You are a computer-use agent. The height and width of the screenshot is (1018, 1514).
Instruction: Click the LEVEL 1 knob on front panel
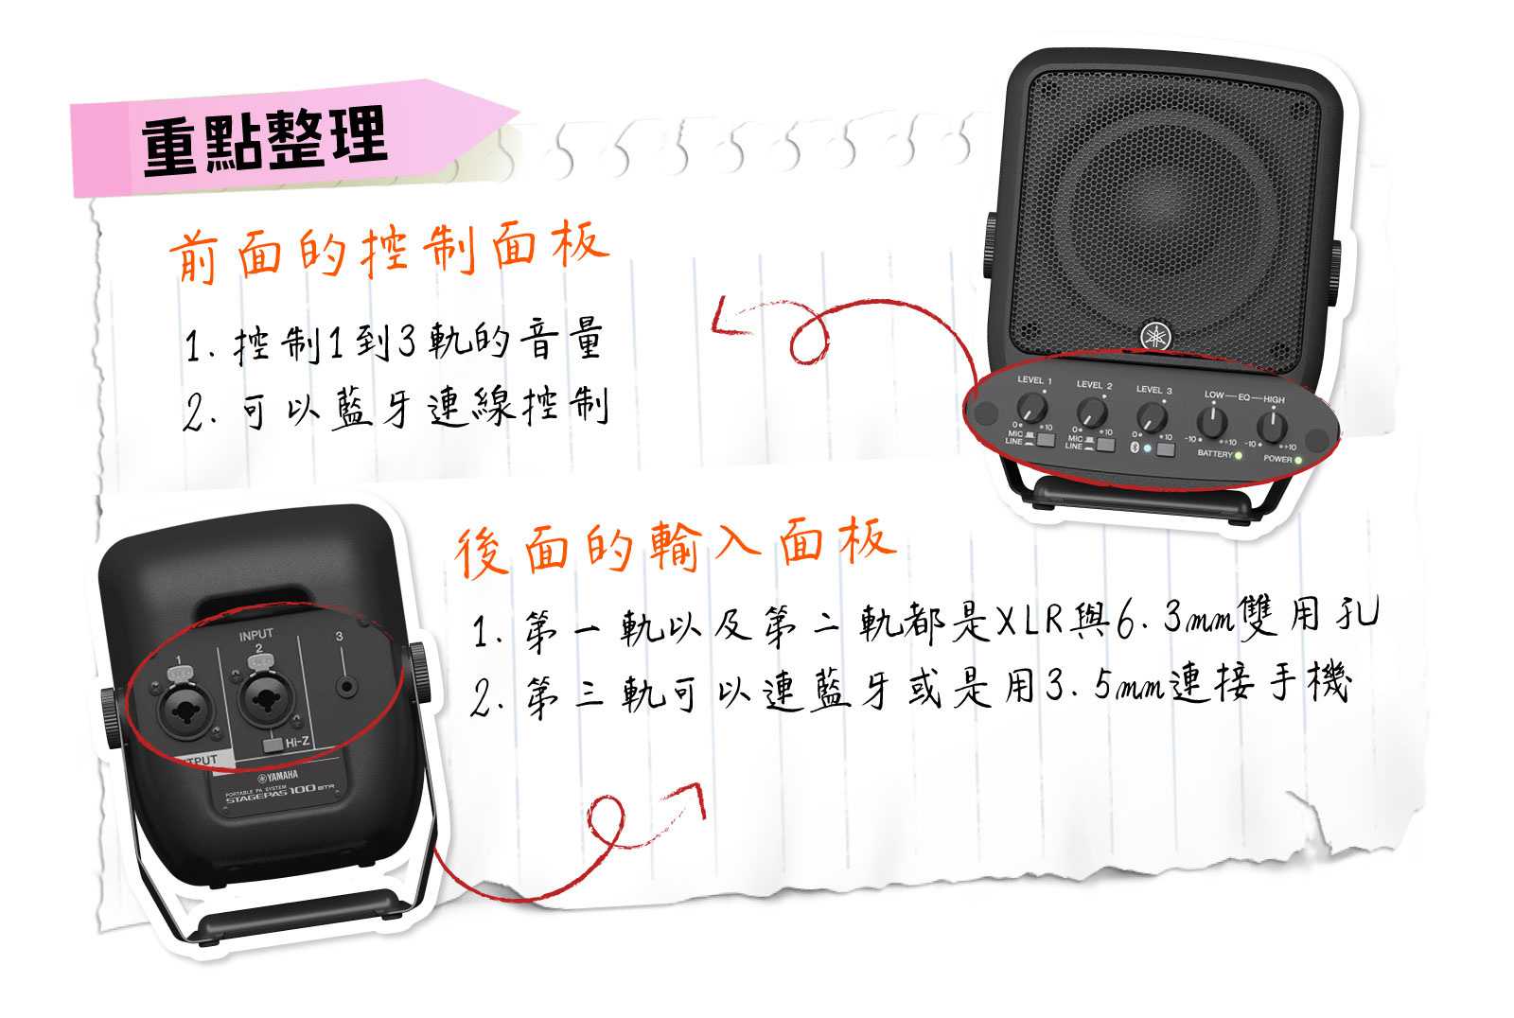pos(1032,409)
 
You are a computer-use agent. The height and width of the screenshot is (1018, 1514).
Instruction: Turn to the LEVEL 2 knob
pos(1092,412)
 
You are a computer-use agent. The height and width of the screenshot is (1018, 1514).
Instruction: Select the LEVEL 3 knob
pos(1152,417)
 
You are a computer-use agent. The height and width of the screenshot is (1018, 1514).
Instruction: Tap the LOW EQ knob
pos(1212,422)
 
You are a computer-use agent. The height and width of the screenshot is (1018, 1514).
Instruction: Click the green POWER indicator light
pos(1298,461)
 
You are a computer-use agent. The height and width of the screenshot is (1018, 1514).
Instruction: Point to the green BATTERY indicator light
pos(1239,456)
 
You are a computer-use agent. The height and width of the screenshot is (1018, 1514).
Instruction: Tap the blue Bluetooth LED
pos(1148,448)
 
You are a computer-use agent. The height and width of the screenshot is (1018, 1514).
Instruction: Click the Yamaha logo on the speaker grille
pos(1154,336)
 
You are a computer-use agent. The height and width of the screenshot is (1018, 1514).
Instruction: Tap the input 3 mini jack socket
pos(347,687)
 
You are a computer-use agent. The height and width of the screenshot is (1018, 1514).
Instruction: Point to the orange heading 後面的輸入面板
pos(675,546)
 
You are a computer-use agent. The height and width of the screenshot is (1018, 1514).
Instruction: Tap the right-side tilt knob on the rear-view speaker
pos(418,673)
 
